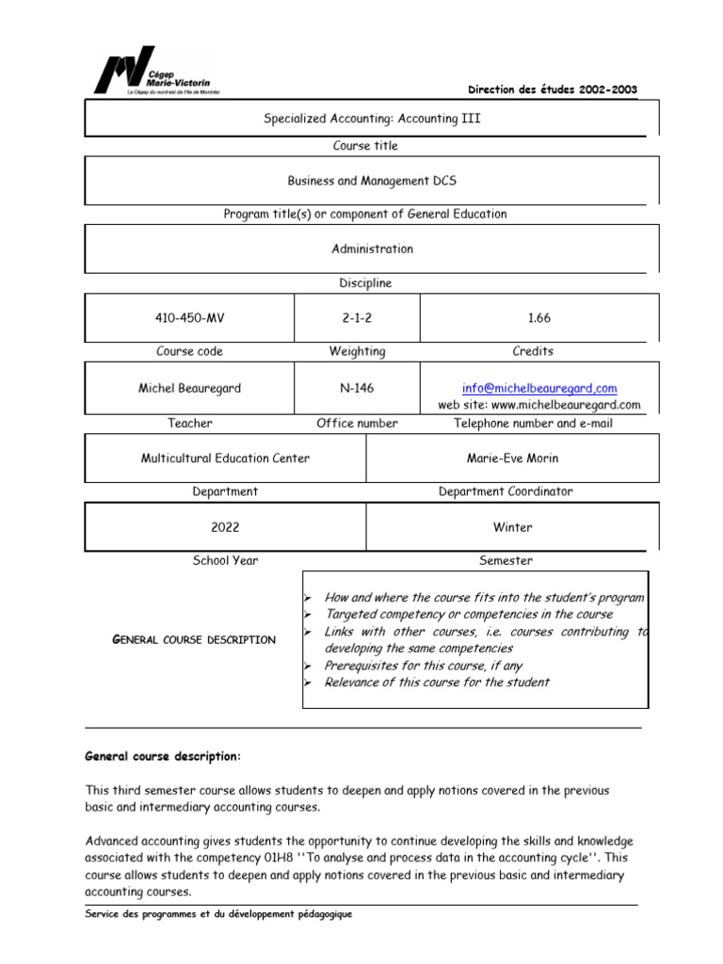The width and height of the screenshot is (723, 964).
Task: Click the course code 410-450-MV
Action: pyautogui.click(x=189, y=318)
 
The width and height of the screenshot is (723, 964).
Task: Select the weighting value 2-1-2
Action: pyautogui.click(x=357, y=318)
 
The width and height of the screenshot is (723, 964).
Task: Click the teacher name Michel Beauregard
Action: pyautogui.click(x=189, y=388)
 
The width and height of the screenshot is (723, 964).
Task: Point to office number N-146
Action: pyautogui.click(x=357, y=388)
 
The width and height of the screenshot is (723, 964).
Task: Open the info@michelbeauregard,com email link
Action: pyautogui.click(x=539, y=388)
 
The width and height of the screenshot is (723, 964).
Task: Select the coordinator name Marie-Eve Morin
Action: pyautogui.click(x=506, y=458)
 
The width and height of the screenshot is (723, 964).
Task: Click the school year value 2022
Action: pyautogui.click(x=225, y=527)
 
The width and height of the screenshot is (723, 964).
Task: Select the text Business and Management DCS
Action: pyautogui.click(x=372, y=180)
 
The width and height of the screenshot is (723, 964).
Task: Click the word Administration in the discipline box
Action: pyautogui.click(x=372, y=249)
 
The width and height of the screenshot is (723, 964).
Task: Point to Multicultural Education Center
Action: pyautogui.click(x=225, y=458)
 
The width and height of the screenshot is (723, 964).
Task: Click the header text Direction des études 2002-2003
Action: pyautogui.click(x=552, y=89)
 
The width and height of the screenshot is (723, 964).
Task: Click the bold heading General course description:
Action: pyautogui.click(x=163, y=756)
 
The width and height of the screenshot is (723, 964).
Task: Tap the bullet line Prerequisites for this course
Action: pyautogui.click(x=423, y=666)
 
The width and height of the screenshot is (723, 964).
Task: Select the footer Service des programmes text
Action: pyautogui.click(x=218, y=914)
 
